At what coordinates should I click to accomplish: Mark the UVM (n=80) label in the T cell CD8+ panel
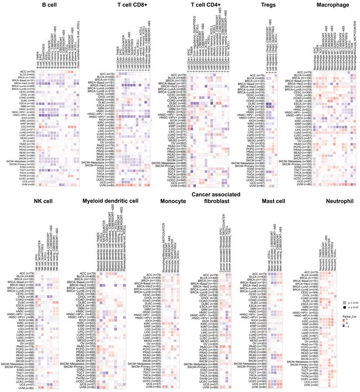[103, 186]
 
